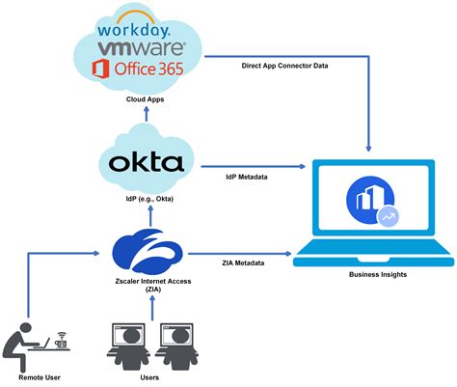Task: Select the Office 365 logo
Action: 144,69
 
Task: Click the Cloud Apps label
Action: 144,99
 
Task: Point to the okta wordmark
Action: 146,162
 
